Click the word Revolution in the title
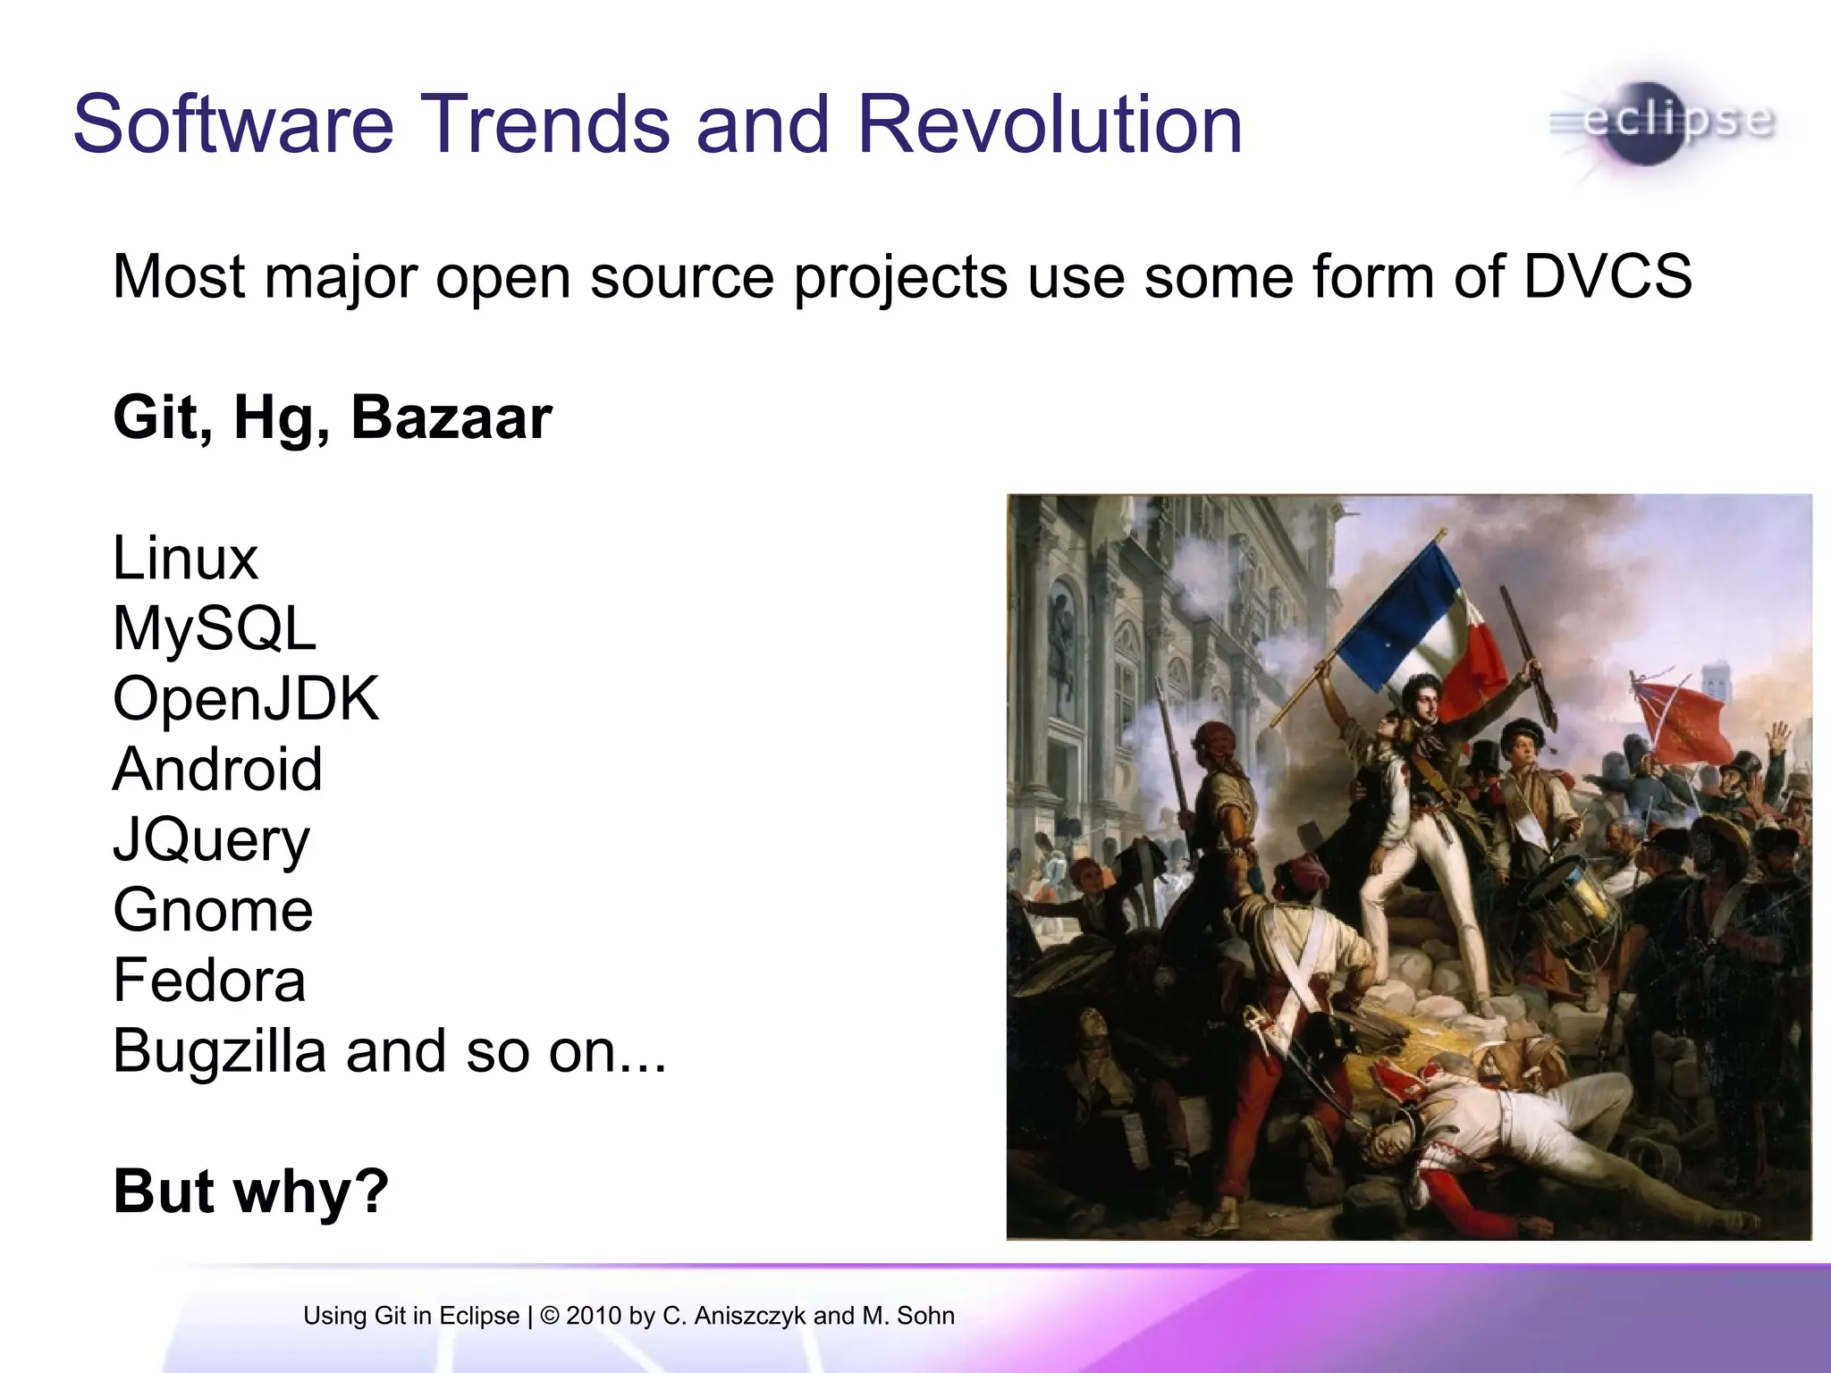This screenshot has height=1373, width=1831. tap(1050, 124)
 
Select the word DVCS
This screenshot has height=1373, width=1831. tap(1607, 276)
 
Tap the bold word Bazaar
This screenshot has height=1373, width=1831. tap(451, 417)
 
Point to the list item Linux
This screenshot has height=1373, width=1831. tap(185, 559)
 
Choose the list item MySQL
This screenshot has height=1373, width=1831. tap(215, 628)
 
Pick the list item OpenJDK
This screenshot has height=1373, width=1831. tap(246, 698)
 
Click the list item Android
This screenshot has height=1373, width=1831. tap(217, 769)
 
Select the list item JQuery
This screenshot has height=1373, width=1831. tap(211, 840)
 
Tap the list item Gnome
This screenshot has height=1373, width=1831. tap(213, 910)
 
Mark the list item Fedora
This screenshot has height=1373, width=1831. tap(209, 981)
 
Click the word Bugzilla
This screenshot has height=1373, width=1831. tap(219, 1051)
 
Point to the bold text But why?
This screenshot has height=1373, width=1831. tap(251, 1192)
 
